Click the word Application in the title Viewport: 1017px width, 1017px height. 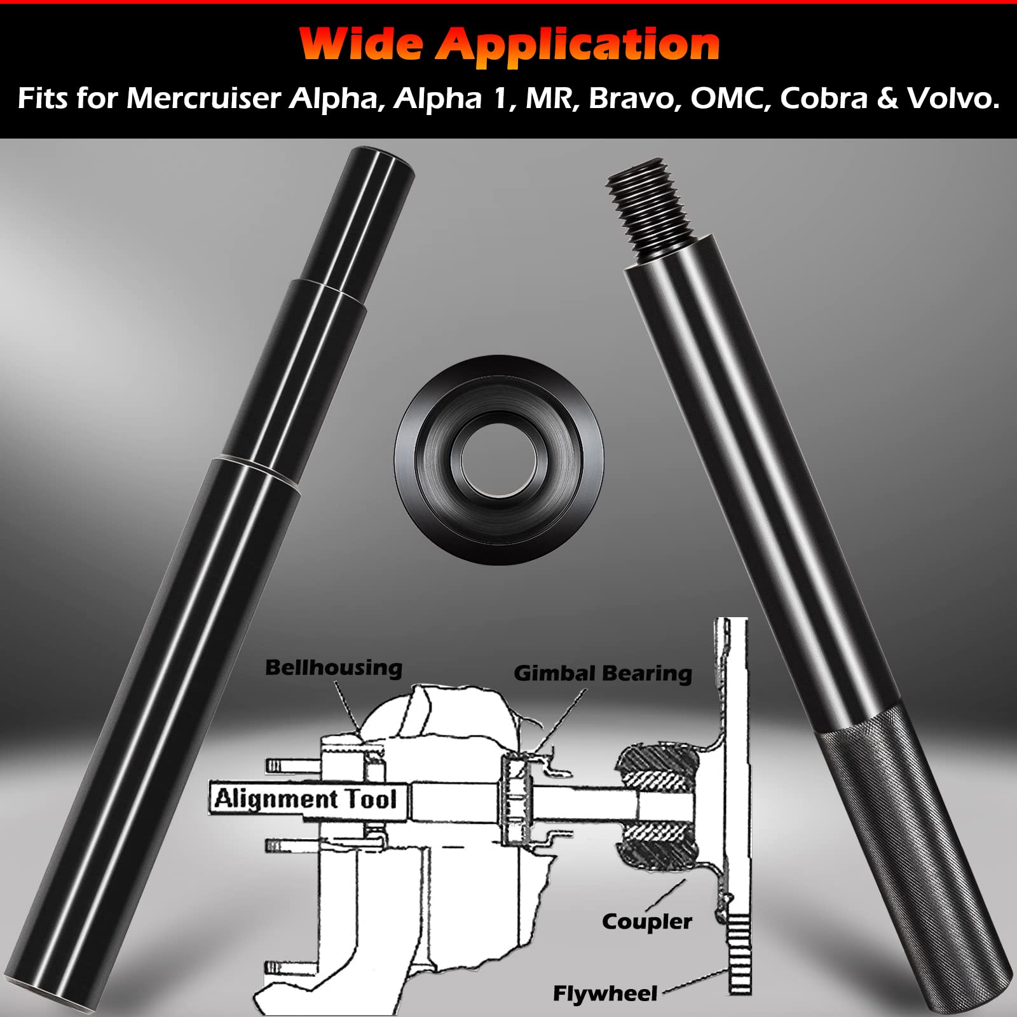pos(578,46)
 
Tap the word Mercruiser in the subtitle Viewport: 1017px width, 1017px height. pos(203,99)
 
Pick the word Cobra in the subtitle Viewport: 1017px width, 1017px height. pos(824,99)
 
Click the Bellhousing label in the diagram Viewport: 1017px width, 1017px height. pos(334,668)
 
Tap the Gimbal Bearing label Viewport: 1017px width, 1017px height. pos(603,673)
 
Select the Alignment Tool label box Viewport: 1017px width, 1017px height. pos(306,799)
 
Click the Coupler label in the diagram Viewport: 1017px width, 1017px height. pos(646,922)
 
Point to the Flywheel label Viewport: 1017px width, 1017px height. pos(604,993)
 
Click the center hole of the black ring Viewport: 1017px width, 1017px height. pos(498,459)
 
